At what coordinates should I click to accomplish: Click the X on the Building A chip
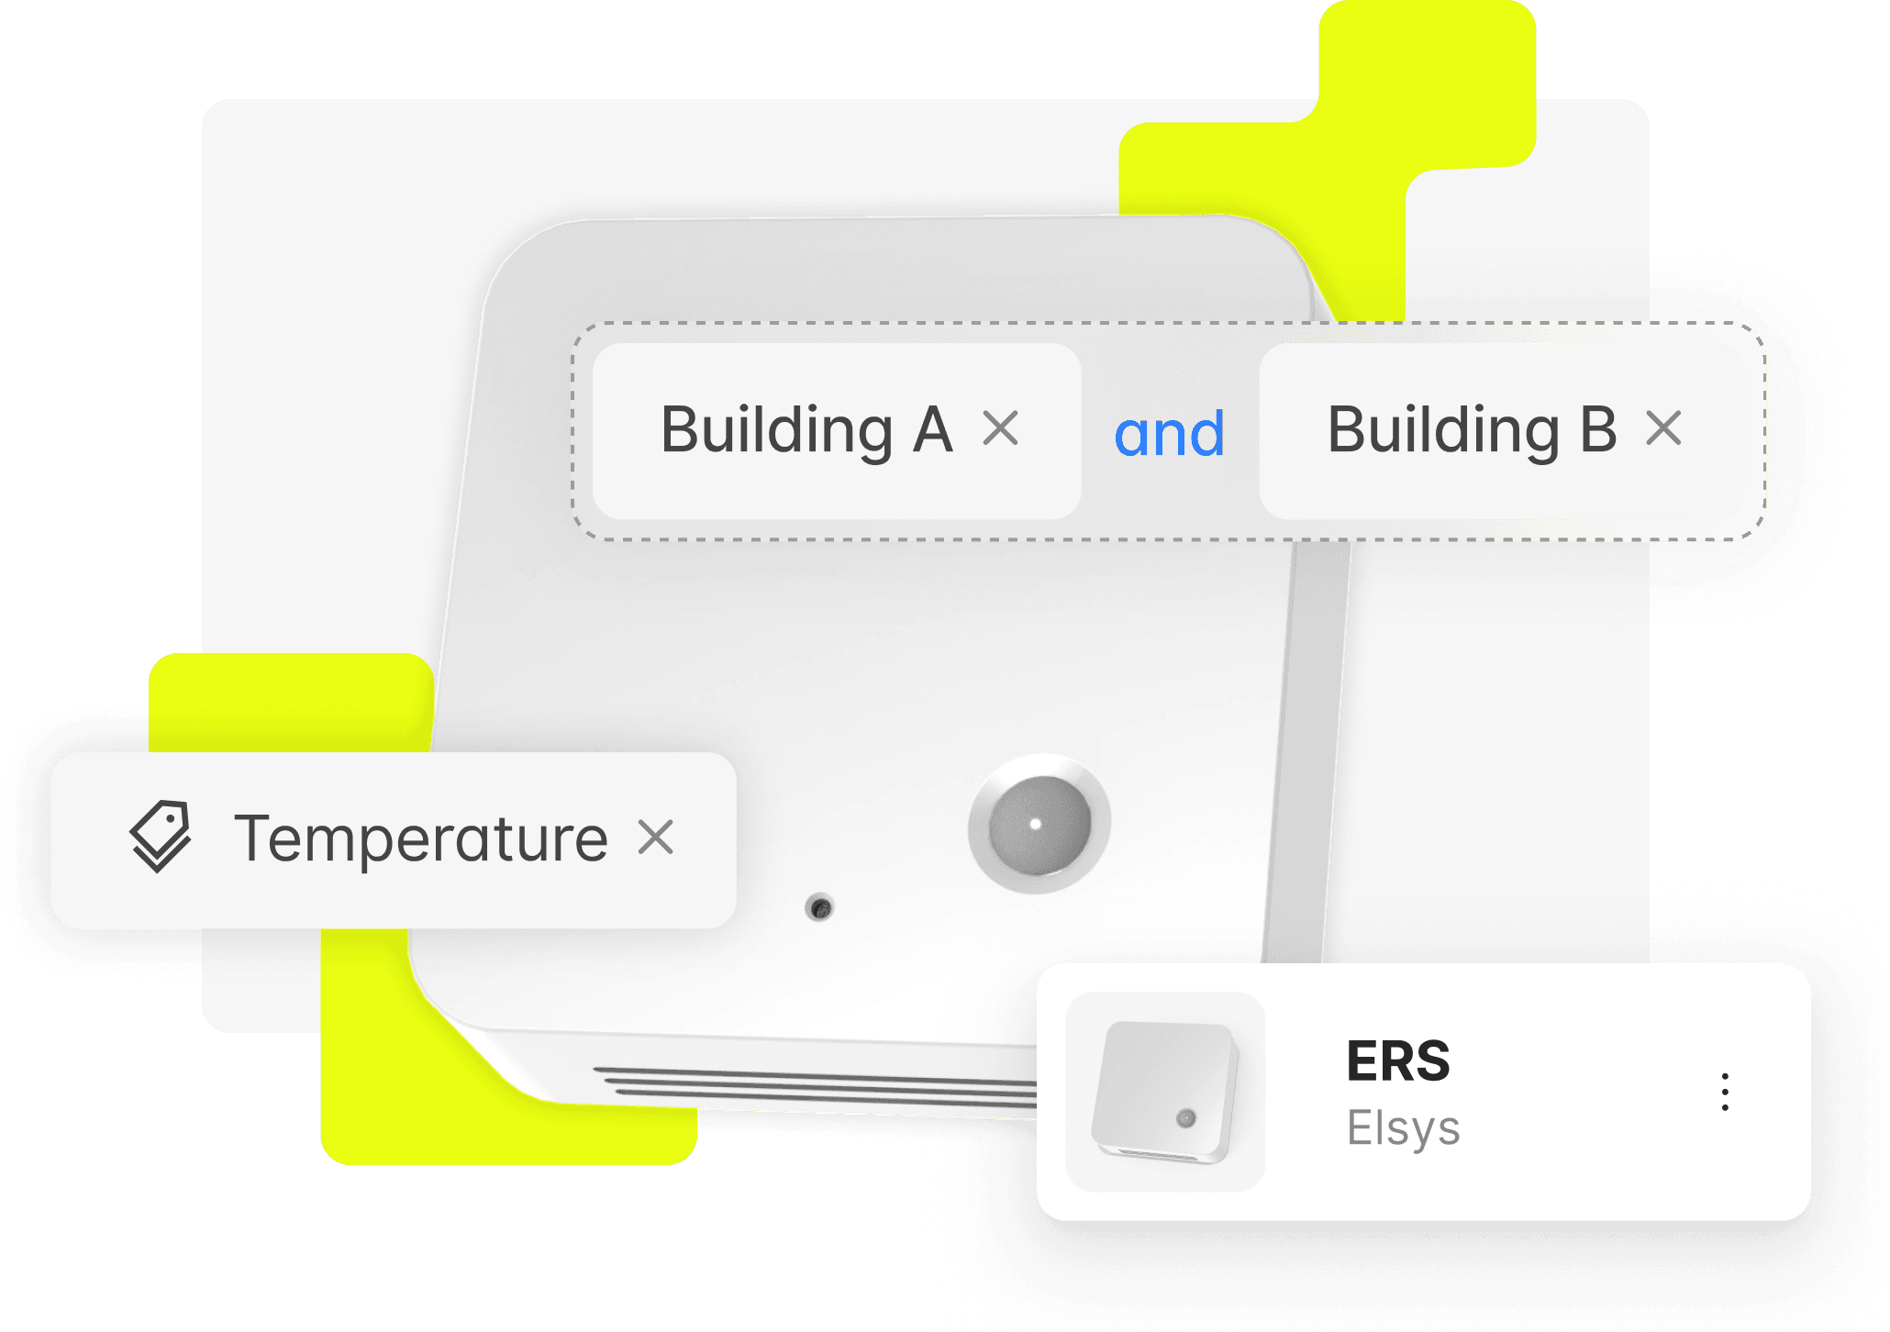(x=1000, y=428)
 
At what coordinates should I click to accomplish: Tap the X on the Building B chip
(x=1663, y=428)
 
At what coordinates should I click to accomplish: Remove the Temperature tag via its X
(x=656, y=838)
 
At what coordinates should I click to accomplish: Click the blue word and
(x=1169, y=434)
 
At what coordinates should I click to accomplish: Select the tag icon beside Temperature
(x=161, y=836)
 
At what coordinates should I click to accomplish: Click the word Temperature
(x=421, y=838)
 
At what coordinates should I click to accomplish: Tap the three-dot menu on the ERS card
(x=1725, y=1092)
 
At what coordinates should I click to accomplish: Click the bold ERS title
(x=1397, y=1061)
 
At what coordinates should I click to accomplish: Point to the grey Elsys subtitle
(x=1403, y=1128)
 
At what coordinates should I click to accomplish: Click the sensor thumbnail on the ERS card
(x=1165, y=1092)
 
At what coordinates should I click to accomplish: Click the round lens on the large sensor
(x=1039, y=824)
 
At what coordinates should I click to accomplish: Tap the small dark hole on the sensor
(x=819, y=908)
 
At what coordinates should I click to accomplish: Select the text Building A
(x=806, y=429)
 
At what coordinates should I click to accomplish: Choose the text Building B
(x=1472, y=429)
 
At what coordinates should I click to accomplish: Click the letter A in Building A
(x=932, y=429)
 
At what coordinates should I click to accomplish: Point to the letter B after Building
(x=1597, y=429)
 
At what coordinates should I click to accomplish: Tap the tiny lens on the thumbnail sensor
(x=1186, y=1118)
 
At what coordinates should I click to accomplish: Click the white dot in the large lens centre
(x=1036, y=824)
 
